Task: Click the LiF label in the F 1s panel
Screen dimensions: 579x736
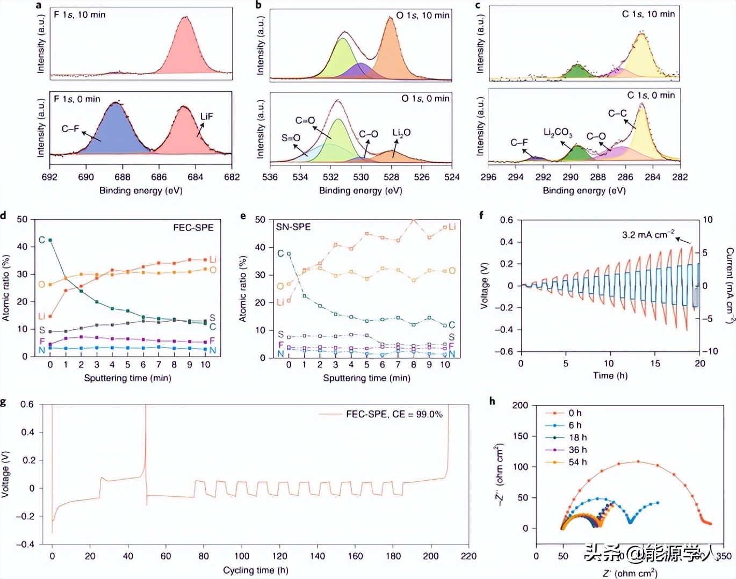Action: tap(207, 117)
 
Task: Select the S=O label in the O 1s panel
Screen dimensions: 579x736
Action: tap(291, 138)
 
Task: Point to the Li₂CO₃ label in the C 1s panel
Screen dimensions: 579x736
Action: tap(558, 132)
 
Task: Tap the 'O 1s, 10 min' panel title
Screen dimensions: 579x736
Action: tap(423, 15)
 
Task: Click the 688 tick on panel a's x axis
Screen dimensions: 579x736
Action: tap(122, 177)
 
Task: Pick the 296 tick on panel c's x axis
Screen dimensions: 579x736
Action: tap(488, 177)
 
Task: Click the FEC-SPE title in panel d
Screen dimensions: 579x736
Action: tap(193, 228)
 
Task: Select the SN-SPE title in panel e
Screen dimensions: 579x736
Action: tap(293, 227)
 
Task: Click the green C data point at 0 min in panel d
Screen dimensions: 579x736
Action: tap(50, 240)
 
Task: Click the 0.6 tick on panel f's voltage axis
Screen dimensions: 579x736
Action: tap(507, 220)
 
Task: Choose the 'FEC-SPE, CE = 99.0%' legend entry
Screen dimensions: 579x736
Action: tap(394, 414)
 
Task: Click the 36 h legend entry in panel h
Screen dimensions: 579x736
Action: tap(578, 450)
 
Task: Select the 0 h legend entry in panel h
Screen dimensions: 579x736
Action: tap(575, 413)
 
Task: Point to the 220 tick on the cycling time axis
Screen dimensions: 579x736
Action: tap(468, 556)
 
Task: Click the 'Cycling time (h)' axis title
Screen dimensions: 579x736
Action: tap(256, 570)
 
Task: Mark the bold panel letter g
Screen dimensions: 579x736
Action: tap(4, 402)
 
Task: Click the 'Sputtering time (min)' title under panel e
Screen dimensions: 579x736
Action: tap(366, 378)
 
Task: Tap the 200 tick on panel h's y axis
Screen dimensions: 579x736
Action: tap(520, 406)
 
